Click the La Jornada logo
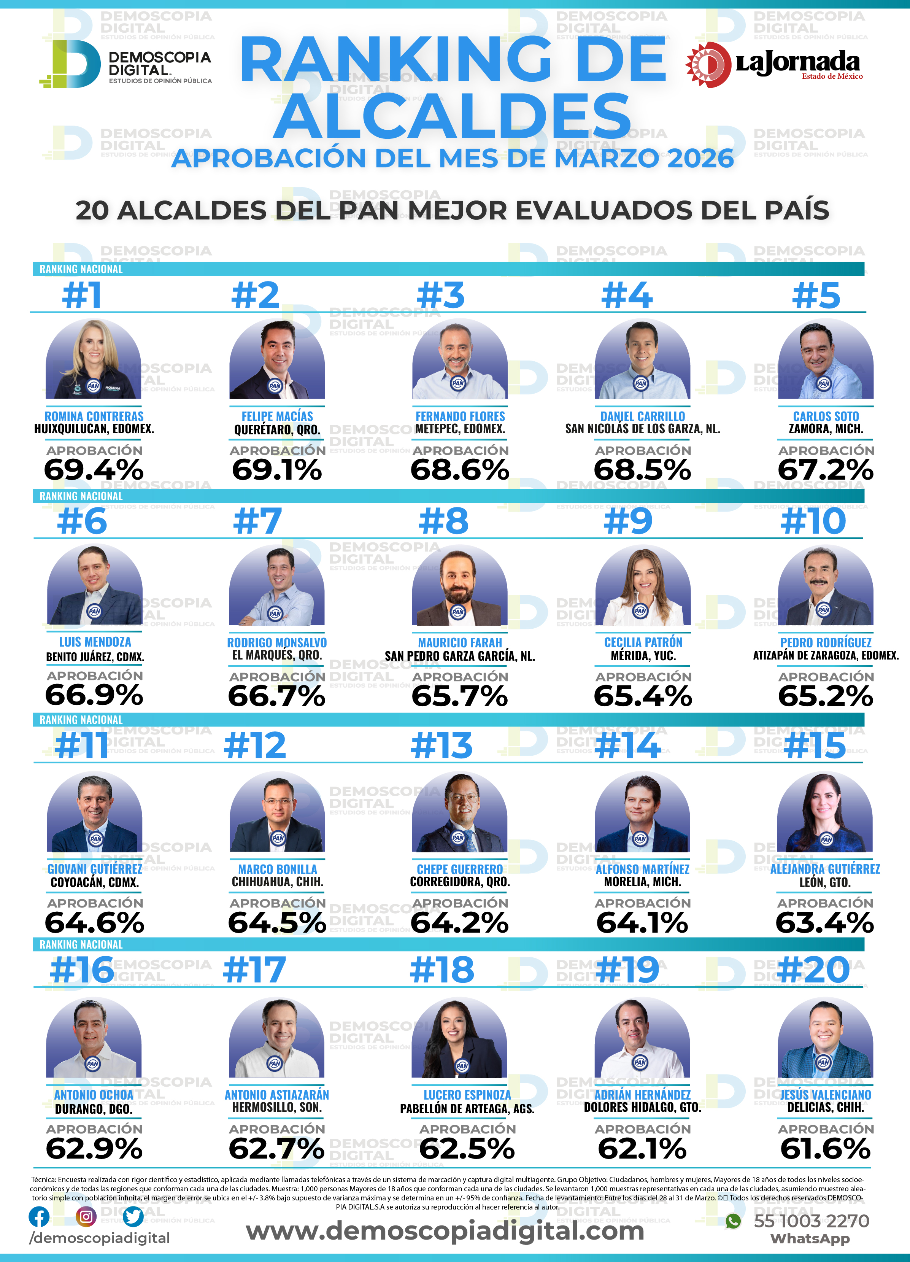click(x=773, y=65)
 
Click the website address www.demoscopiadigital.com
click(x=445, y=1230)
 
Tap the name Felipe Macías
click(x=277, y=416)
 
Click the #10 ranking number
click(x=813, y=521)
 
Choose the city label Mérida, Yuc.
click(x=643, y=655)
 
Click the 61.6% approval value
click(x=826, y=1149)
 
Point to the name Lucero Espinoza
click(x=467, y=1095)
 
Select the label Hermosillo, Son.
click(x=277, y=1107)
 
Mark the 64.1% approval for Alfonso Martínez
click(x=642, y=923)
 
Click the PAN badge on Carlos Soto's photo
click(x=824, y=383)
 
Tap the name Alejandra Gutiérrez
click(x=825, y=869)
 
